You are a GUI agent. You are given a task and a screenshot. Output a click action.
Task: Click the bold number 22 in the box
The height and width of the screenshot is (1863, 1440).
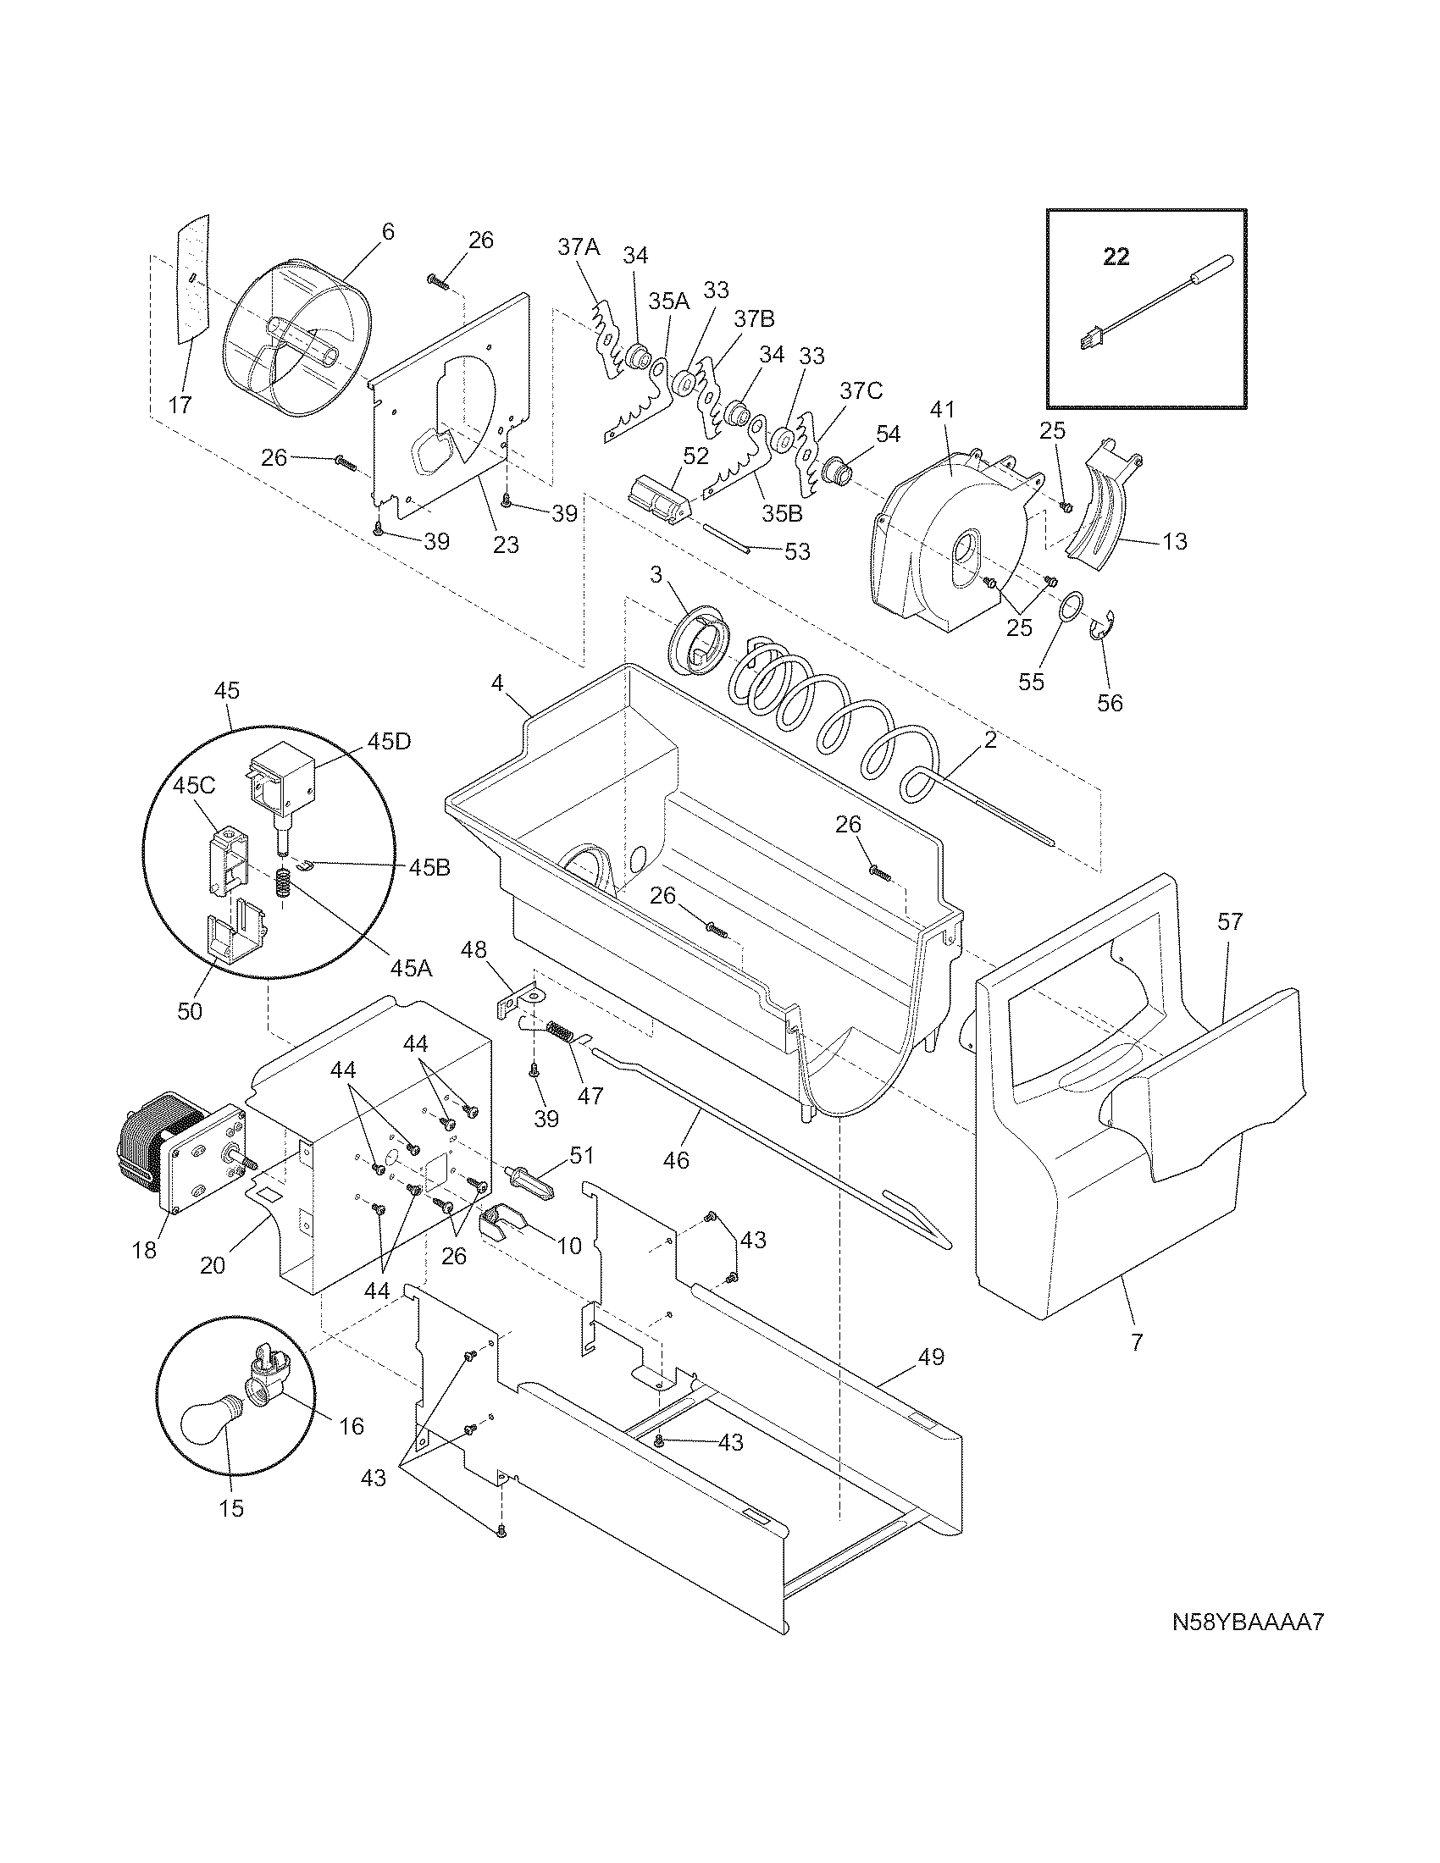pos(1116,256)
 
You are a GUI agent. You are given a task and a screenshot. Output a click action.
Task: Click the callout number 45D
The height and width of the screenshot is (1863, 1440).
pos(389,740)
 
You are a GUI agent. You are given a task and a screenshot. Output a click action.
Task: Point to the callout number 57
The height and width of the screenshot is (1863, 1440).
pos(1230,921)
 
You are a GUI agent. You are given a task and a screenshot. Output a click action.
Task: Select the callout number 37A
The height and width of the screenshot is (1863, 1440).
pos(579,246)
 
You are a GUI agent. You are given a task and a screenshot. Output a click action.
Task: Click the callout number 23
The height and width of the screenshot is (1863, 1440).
pos(506,545)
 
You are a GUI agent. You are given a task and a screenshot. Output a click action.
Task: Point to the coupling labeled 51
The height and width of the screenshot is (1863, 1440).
pos(531,1186)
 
